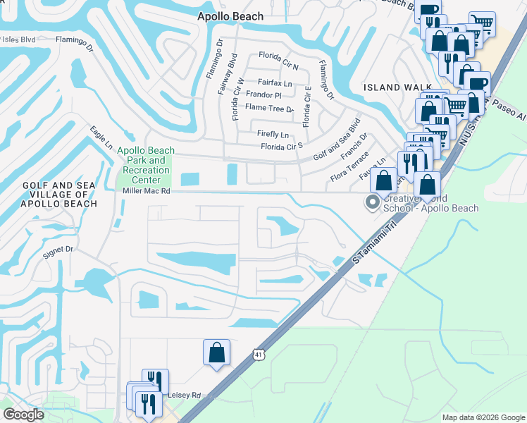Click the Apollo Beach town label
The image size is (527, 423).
pyautogui.click(x=230, y=16)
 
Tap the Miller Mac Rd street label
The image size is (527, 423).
pyautogui.click(x=143, y=190)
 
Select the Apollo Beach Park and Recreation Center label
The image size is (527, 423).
pyautogui.click(x=142, y=165)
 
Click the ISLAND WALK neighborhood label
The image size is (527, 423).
pyautogui.click(x=387, y=87)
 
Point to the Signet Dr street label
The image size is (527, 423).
pyautogui.click(x=58, y=250)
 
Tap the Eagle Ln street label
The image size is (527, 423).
pyautogui.click(x=101, y=137)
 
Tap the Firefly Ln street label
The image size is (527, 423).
pyautogui.click(x=273, y=134)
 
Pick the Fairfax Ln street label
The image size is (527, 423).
pyautogui.click(x=274, y=82)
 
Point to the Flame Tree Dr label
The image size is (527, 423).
pyautogui.click(x=268, y=109)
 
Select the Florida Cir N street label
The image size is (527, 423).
pyautogui.click(x=278, y=56)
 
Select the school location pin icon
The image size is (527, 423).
pyautogui.click(x=372, y=202)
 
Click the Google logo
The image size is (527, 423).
pyautogui.click(x=23, y=415)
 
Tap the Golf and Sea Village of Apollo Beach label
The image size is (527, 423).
pyautogui.click(x=60, y=195)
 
